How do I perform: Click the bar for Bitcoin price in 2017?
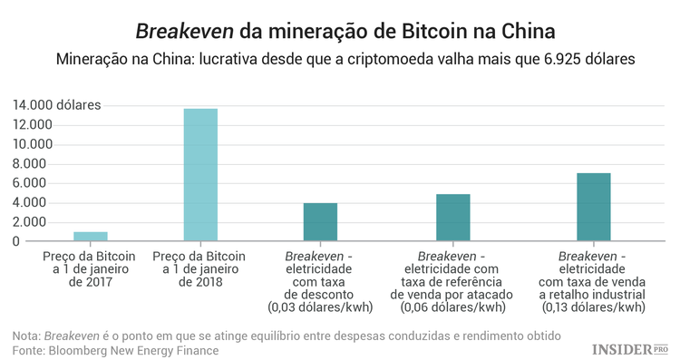tap(91, 237)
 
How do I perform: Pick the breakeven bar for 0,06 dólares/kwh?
tap(452, 218)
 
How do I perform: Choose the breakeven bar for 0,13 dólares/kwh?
tap(593, 207)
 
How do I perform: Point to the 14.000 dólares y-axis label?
tap(56, 105)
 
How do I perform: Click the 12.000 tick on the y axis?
tap(33, 125)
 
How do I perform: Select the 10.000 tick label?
tap(33, 144)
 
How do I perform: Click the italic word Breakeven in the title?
tap(184, 32)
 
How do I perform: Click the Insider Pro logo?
tap(629, 348)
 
